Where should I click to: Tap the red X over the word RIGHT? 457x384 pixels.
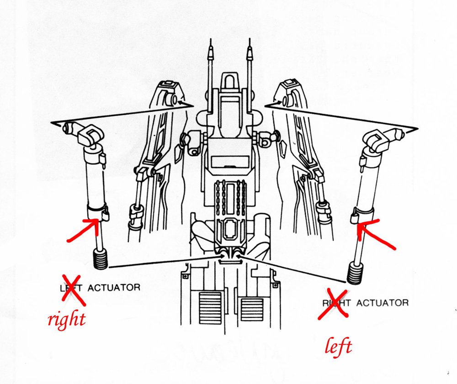[x=335, y=303]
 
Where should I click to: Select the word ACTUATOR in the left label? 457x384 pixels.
[x=114, y=288]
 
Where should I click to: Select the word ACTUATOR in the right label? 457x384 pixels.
[x=383, y=303]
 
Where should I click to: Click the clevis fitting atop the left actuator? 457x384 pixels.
[x=90, y=137]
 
